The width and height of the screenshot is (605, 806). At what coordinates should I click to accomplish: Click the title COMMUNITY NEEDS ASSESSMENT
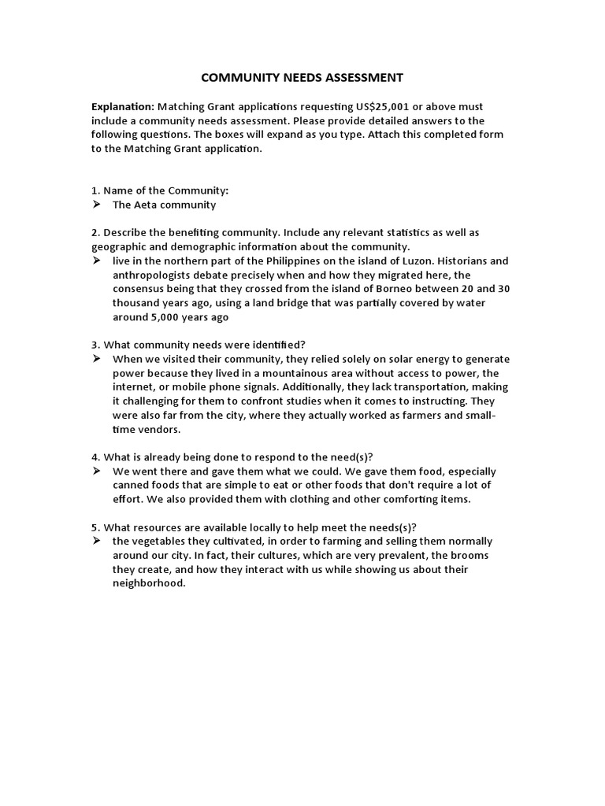point(302,77)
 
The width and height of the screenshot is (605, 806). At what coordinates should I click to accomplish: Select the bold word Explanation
point(123,106)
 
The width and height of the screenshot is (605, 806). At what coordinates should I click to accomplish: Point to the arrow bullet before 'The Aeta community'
point(96,205)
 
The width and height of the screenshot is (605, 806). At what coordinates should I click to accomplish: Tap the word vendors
point(158,430)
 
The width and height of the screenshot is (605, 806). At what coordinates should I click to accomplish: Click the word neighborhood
point(148,584)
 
